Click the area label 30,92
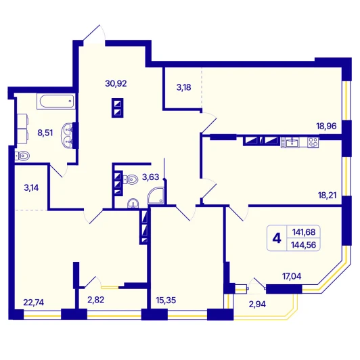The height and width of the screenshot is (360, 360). (x=116, y=84)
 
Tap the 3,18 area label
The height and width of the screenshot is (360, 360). (x=183, y=87)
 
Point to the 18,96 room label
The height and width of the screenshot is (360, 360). (x=326, y=126)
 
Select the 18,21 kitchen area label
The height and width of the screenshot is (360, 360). (x=327, y=196)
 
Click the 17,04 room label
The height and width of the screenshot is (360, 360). (x=292, y=276)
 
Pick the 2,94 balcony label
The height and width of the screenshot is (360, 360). (x=257, y=305)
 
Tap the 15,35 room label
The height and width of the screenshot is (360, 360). (x=166, y=300)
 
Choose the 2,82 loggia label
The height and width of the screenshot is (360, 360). (x=95, y=300)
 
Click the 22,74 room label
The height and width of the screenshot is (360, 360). (x=34, y=302)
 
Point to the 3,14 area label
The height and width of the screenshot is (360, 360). (x=31, y=188)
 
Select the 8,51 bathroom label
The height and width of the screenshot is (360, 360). (x=45, y=133)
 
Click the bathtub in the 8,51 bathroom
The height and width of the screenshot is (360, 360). (x=56, y=101)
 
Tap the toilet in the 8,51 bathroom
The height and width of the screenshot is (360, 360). (x=22, y=156)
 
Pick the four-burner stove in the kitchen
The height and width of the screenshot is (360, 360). (x=313, y=142)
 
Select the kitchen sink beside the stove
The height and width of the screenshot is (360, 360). (x=290, y=142)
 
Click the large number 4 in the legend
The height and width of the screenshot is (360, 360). (x=277, y=238)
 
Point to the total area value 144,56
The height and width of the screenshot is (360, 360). (x=304, y=245)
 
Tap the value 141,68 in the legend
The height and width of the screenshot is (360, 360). (x=304, y=232)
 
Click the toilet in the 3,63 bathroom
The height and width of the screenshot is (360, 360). (x=131, y=179)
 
